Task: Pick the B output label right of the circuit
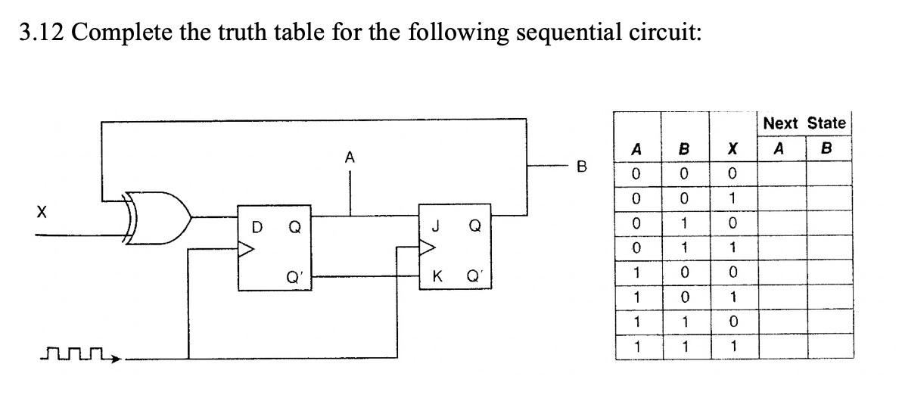pos(581,163)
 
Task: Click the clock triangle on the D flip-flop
pos(247,249)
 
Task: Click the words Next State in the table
pos(804,123)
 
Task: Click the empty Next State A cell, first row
pos(782,176)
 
